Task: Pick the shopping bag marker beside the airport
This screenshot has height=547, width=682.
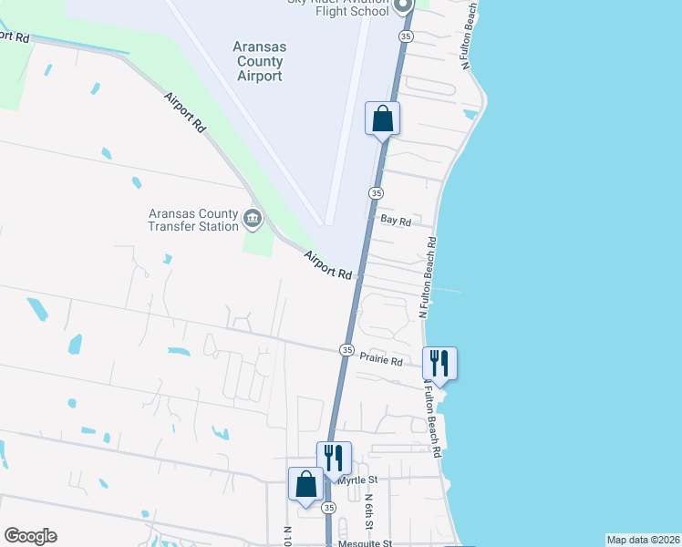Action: [382, 119]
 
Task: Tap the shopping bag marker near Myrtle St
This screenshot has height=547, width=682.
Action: [305, 484]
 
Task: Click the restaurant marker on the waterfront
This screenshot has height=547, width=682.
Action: [439, 363]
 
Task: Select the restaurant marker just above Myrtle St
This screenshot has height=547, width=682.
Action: [333, 458]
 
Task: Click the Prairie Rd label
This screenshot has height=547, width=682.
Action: [381, 361]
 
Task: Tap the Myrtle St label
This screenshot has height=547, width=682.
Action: [357, 480]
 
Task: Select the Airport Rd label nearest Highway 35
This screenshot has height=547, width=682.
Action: [328, 265]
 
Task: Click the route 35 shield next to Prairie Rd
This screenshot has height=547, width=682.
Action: [347, 350]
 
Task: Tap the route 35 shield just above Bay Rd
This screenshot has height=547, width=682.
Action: [376, 193]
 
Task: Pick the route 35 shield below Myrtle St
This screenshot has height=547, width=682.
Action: [329, 507]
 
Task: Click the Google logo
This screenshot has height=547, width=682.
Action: [30, 536]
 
